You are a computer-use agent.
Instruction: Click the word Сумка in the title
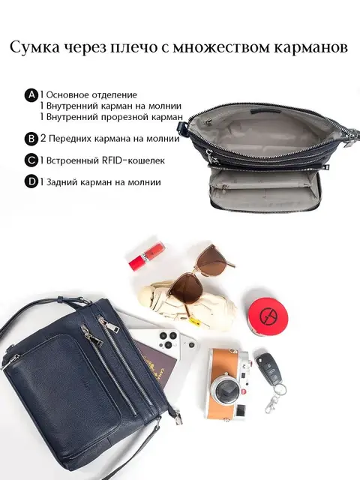pyautogui.click(x=34, y=47)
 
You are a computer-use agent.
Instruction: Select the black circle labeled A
pyautogui.click(x=31, y=95)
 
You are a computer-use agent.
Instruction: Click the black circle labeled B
pyautogui.click(x=31, y=139)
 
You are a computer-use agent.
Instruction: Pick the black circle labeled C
pyautogui.click(x=31, y=160)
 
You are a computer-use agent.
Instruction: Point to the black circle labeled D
pyautogui.click(x=31, y=182)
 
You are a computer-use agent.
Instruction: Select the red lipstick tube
pyautogui.click(x=148, y=256)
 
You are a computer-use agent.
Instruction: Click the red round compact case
pyautogui.click(x=265, y=315)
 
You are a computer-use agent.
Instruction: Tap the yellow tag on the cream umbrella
pyautogui.click(x=194, y=322)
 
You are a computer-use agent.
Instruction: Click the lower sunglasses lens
pyautogui.click(x=185, y=289)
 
